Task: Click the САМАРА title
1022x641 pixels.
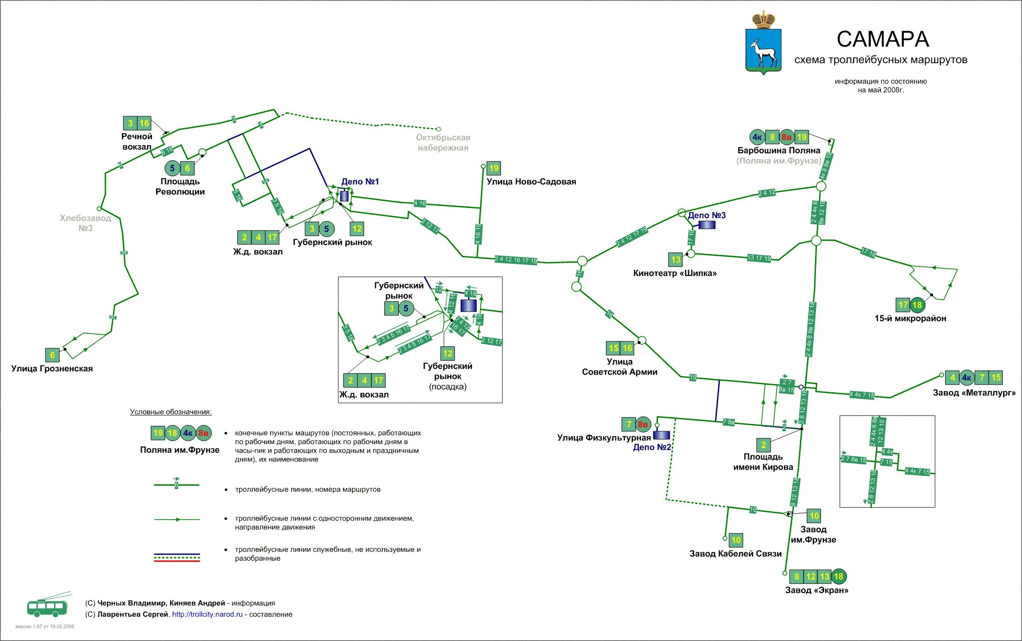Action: [x=882, y=39]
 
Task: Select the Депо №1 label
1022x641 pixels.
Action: [x=360, y=182]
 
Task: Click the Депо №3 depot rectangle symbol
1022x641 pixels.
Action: [x=707, y=225]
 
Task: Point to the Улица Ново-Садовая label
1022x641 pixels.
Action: [x=531, y=182]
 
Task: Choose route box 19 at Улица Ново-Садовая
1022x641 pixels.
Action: [x=494, y=168]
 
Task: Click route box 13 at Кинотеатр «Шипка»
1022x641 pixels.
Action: [x=676, y=260]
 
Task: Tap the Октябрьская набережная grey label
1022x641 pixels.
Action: [x=443, y=143]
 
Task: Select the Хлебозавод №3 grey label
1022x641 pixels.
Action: [x=86, y=223]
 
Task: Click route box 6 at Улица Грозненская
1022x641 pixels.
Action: [x=52, y=355]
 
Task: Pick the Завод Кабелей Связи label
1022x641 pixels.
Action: [x=735, y=554]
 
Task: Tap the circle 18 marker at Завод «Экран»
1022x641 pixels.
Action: [x=838, y=576]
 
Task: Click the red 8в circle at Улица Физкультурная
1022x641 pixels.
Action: [x=643, y=424]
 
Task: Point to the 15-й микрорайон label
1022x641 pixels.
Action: [x=910, y=319]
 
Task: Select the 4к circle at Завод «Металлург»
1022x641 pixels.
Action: [x=966, y=378]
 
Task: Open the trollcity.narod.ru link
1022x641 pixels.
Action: [x=207, y=614]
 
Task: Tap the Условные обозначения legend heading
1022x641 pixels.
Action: [x=171, y=412]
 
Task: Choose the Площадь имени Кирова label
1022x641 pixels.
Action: [x=763, y=462]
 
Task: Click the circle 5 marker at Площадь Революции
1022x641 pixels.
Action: [x=172, y=168]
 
